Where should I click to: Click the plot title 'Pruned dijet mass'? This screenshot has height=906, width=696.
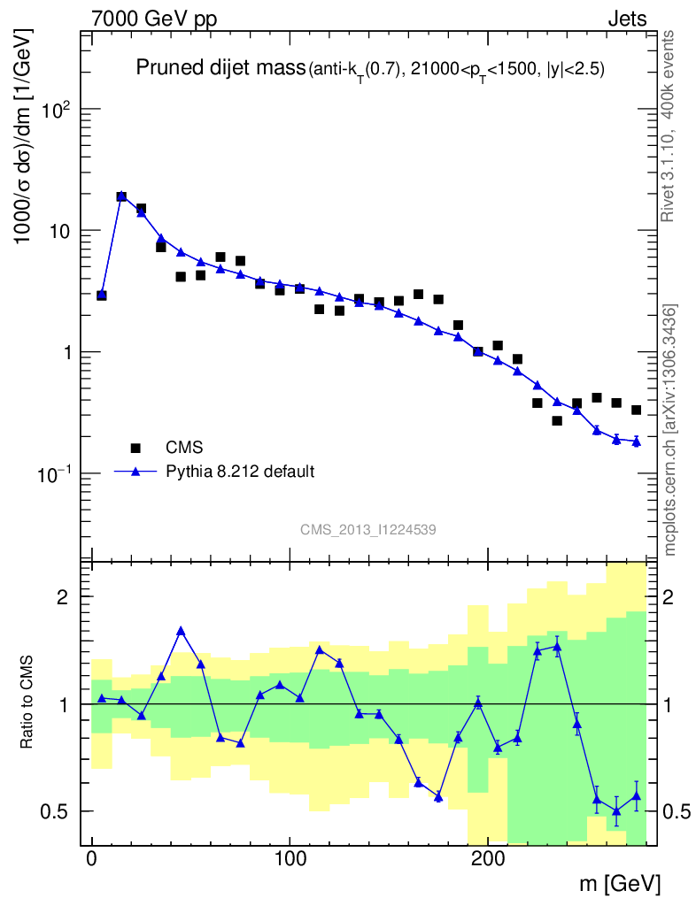tap(219, 69)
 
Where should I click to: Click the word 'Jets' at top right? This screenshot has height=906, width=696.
tap(626, 19)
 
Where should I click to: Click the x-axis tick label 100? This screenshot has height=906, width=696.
tap(290, 859)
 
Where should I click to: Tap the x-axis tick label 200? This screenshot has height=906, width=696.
tap(488, 859)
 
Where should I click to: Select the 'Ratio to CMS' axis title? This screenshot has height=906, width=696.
tap(27, 703)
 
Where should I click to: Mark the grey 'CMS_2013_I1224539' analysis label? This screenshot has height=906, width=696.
tap(367, 529)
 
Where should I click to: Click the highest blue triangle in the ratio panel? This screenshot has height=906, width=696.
tap(181, 631)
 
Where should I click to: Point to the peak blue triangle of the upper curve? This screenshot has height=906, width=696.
tap(121, 196)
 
